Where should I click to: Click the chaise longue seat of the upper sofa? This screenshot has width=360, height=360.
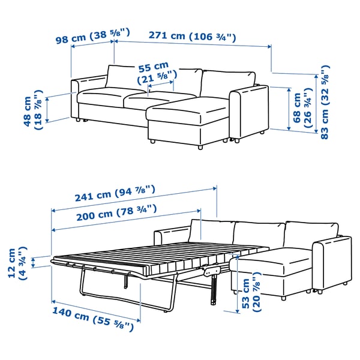pos(186,110)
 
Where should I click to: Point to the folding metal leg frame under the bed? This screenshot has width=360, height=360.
pos(120,294)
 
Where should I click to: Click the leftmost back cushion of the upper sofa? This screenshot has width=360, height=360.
pos(125,78)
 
